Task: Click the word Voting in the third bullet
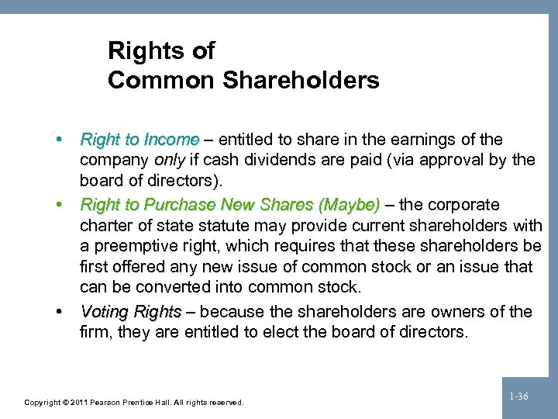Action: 103,312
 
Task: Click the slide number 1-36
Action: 519,396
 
